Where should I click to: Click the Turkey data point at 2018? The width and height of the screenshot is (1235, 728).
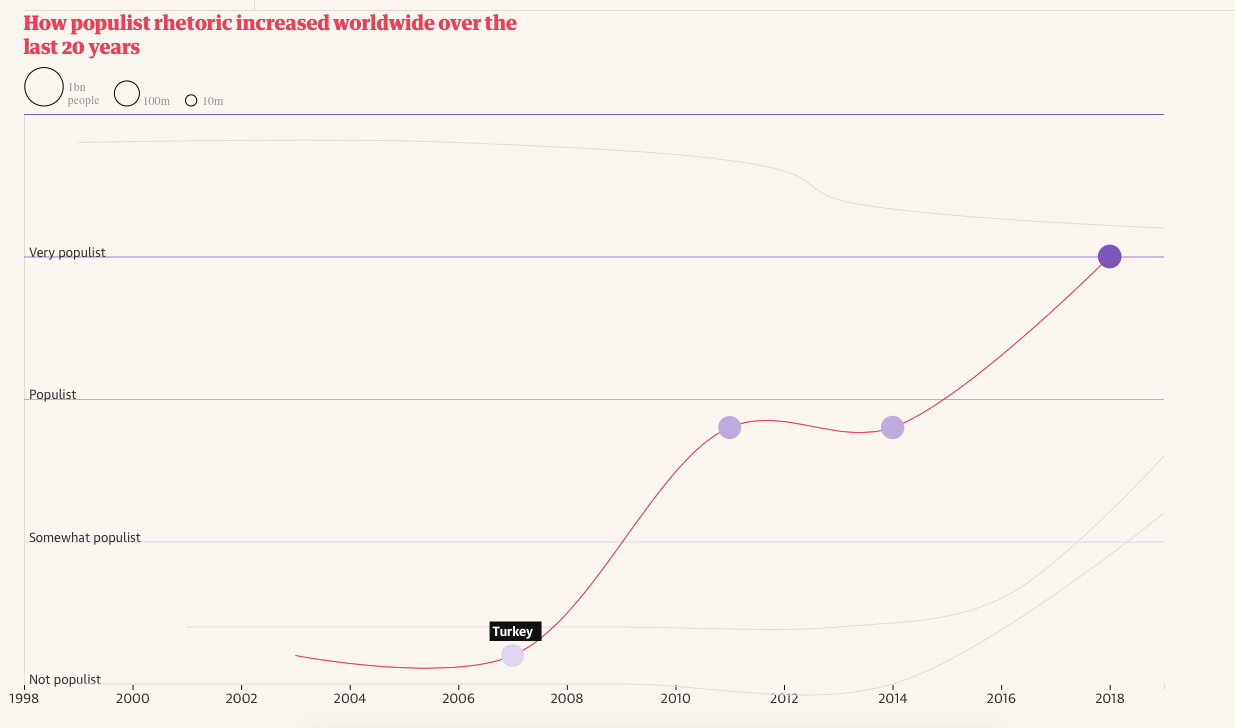click(1109, 257)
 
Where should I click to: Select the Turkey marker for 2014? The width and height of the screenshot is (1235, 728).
click(892, 428)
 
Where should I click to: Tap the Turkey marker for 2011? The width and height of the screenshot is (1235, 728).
click(730, 428)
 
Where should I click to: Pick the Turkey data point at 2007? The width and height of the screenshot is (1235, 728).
click(512, 655)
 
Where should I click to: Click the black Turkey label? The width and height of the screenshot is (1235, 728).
click(514, 632)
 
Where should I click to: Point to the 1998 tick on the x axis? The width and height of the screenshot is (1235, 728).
click(24, 697)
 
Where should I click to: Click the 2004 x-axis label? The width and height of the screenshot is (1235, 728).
click(350, 697)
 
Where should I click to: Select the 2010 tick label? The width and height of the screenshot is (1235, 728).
click(676, 697)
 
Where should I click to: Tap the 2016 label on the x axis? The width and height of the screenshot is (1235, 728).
click(1001, 697)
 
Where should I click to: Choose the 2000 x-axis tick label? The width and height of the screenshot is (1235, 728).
click(133, 697)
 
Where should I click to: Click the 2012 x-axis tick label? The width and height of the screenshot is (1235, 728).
click(784, 697)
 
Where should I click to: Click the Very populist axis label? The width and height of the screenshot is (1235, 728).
click(67, 253)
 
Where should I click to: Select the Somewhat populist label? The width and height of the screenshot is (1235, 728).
click(85, 538)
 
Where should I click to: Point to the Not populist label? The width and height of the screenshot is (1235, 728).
click(65, 680)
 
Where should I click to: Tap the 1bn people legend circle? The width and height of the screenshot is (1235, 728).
click(44, 87)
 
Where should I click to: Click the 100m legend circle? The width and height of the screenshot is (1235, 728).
click(127, 94)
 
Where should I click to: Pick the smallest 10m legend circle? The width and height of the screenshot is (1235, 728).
click(191, 100)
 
